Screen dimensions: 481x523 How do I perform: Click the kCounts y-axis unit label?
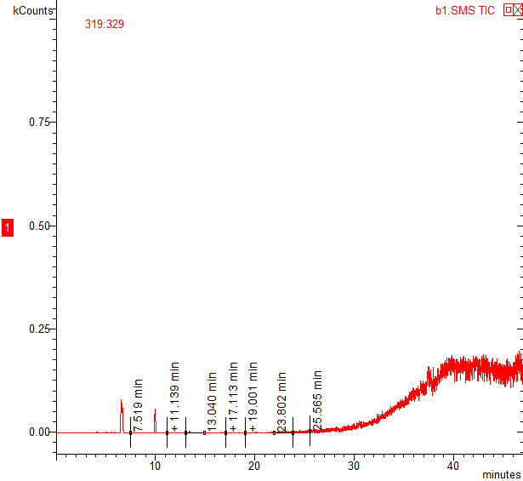[x=31, y=11]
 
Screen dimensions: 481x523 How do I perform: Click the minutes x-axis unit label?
[x=500, y=472]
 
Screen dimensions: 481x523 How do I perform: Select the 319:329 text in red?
[x=105, y=25]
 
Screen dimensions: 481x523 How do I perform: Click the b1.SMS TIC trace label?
[x=465, y=11]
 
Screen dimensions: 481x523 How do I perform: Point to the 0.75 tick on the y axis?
[x=39, y=122]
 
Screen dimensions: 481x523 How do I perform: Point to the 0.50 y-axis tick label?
[x=39, y=226]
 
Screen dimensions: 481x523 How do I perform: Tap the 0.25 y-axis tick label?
[x=39, y=329]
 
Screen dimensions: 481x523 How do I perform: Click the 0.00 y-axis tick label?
[x=39, y=432]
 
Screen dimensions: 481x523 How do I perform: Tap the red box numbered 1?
[x=8, y=227]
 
